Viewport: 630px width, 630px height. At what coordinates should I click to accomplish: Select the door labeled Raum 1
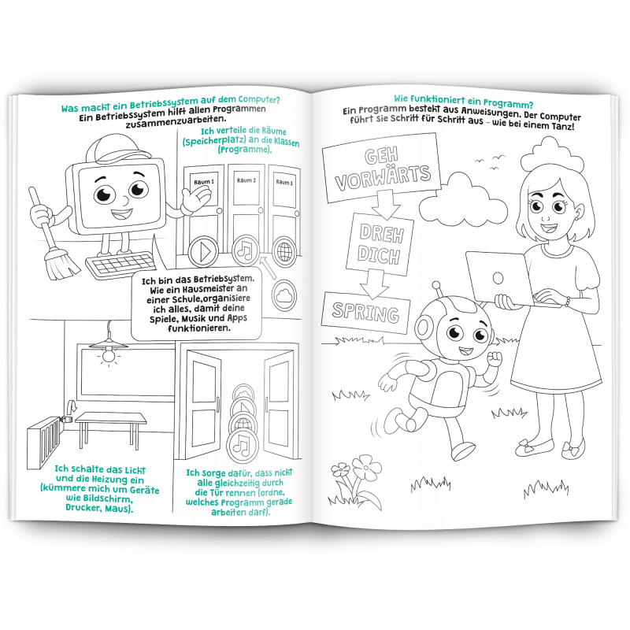coord(204,209)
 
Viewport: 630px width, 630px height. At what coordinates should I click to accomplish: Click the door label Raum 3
coord(284,183)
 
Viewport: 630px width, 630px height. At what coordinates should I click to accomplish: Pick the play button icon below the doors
coord(203,252)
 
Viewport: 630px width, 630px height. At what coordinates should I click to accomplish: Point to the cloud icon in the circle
coord(284,295)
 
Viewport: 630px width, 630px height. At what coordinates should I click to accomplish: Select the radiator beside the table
coord(44,441)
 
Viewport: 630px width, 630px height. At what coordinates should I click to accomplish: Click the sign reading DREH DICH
coord(380,244)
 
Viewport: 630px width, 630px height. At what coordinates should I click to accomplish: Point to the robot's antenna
coord(438,291)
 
